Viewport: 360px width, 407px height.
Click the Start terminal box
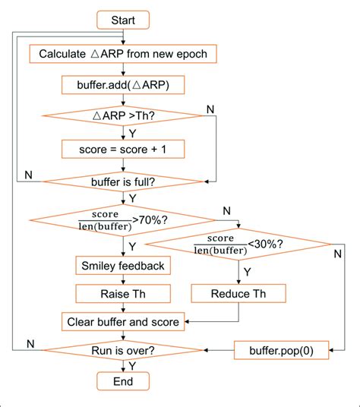tap(122, 19)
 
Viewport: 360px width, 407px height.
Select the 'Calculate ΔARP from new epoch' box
tap(122, 55)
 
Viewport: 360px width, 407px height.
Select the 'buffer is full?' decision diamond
tap(122, 181)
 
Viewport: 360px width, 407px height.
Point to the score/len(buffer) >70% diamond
tap(122, 220)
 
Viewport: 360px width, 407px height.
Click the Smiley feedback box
tap(122, 266)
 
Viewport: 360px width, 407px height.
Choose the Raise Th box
tap(122, 293)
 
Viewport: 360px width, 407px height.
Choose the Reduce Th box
tap(238, 293)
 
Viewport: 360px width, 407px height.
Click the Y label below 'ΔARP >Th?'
tap(131, 132)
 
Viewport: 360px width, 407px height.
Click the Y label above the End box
tap(131, 365)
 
